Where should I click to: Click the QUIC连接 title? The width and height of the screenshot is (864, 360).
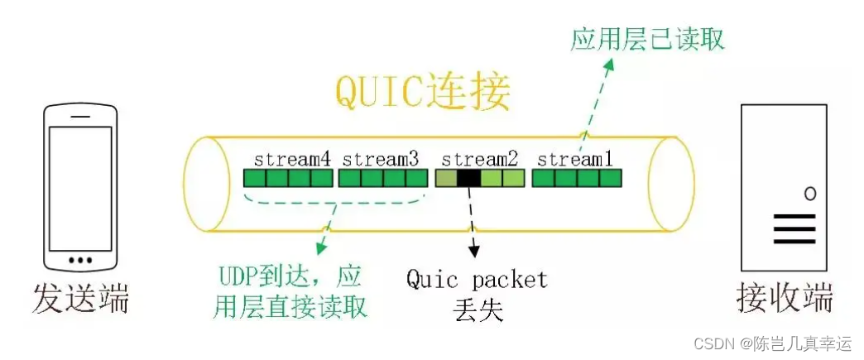(x=423, y=92)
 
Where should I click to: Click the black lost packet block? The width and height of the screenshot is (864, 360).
(x=468, y=178)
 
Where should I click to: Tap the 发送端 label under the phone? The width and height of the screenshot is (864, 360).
(x=81, y=299)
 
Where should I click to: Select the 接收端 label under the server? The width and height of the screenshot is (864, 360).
(x=785, y=299)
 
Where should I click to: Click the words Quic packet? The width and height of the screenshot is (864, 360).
(x=477, y=279)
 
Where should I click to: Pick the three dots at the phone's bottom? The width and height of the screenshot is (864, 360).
(x=80, y=261)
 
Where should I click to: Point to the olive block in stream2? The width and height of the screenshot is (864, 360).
(x=445, y=178)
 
